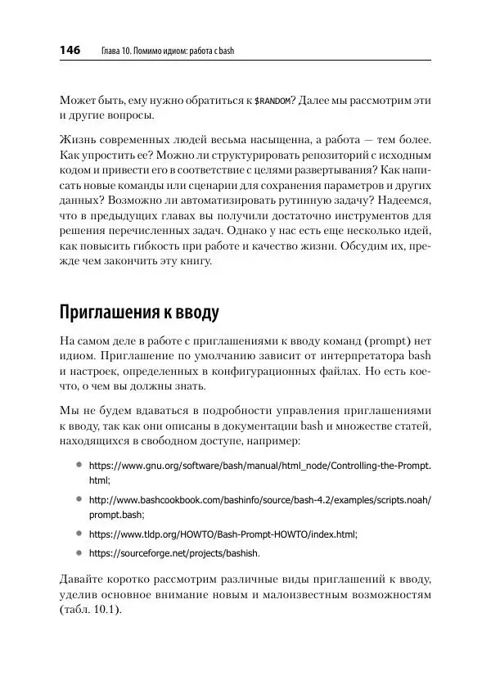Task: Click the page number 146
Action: [x=69, y=51]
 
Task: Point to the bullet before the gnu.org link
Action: [x=79, y=464]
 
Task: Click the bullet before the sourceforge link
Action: [x=79, y=552]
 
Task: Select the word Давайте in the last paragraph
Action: [x=85, y=577]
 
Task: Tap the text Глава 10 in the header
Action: [x=115, y=52]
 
